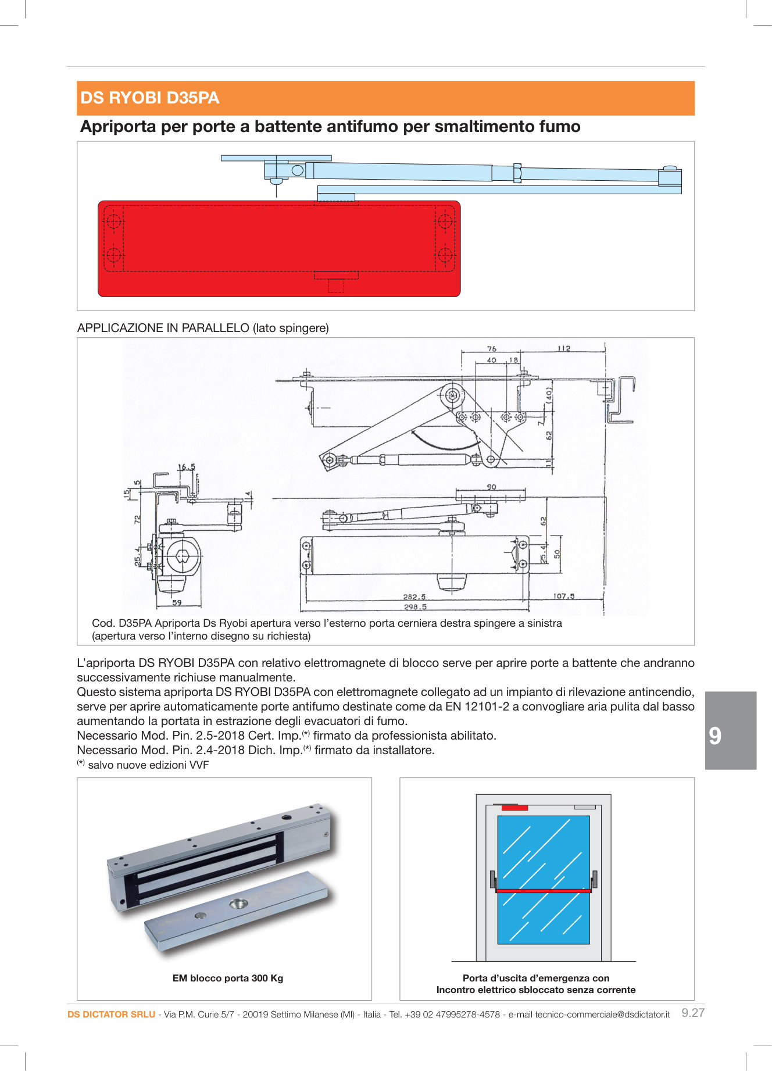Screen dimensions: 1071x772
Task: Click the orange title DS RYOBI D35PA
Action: click(149, 98)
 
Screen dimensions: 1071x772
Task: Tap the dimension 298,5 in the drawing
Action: click(415, 607)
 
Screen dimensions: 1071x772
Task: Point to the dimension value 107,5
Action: click(564, 596)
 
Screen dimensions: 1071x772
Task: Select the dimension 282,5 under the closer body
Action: click(414, 597)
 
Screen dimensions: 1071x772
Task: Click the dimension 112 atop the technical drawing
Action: click(563, 348)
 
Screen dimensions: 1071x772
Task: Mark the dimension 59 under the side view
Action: click(177, 602)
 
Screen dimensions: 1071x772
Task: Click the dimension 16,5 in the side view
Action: click(186, 467)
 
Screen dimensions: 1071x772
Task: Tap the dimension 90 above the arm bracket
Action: click(491, 487)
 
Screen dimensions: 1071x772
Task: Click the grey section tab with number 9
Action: click(730, 730)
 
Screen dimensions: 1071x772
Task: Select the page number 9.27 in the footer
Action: click(692, 1013)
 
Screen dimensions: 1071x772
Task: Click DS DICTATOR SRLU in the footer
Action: click(111, 1015)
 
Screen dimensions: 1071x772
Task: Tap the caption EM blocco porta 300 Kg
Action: click(227, 978)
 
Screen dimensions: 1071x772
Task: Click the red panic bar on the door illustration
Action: click(544, 890)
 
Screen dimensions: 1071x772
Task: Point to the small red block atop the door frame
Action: click(514, 808)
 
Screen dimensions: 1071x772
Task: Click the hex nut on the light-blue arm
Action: click(517, 173)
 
